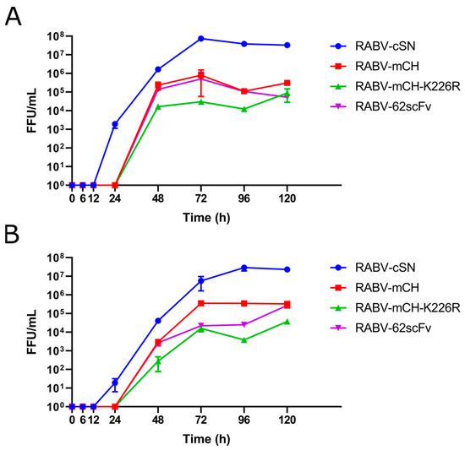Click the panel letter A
[14, 17]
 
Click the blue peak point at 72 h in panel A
[201, 39]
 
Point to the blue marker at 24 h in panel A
[115, 124]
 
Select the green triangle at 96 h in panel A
[244, 109]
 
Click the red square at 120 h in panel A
[287, 83]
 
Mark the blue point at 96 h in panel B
[244, 268]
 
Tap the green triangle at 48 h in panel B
[158, 361]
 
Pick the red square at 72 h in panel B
[201, 303]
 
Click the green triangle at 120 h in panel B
[287, 322]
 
